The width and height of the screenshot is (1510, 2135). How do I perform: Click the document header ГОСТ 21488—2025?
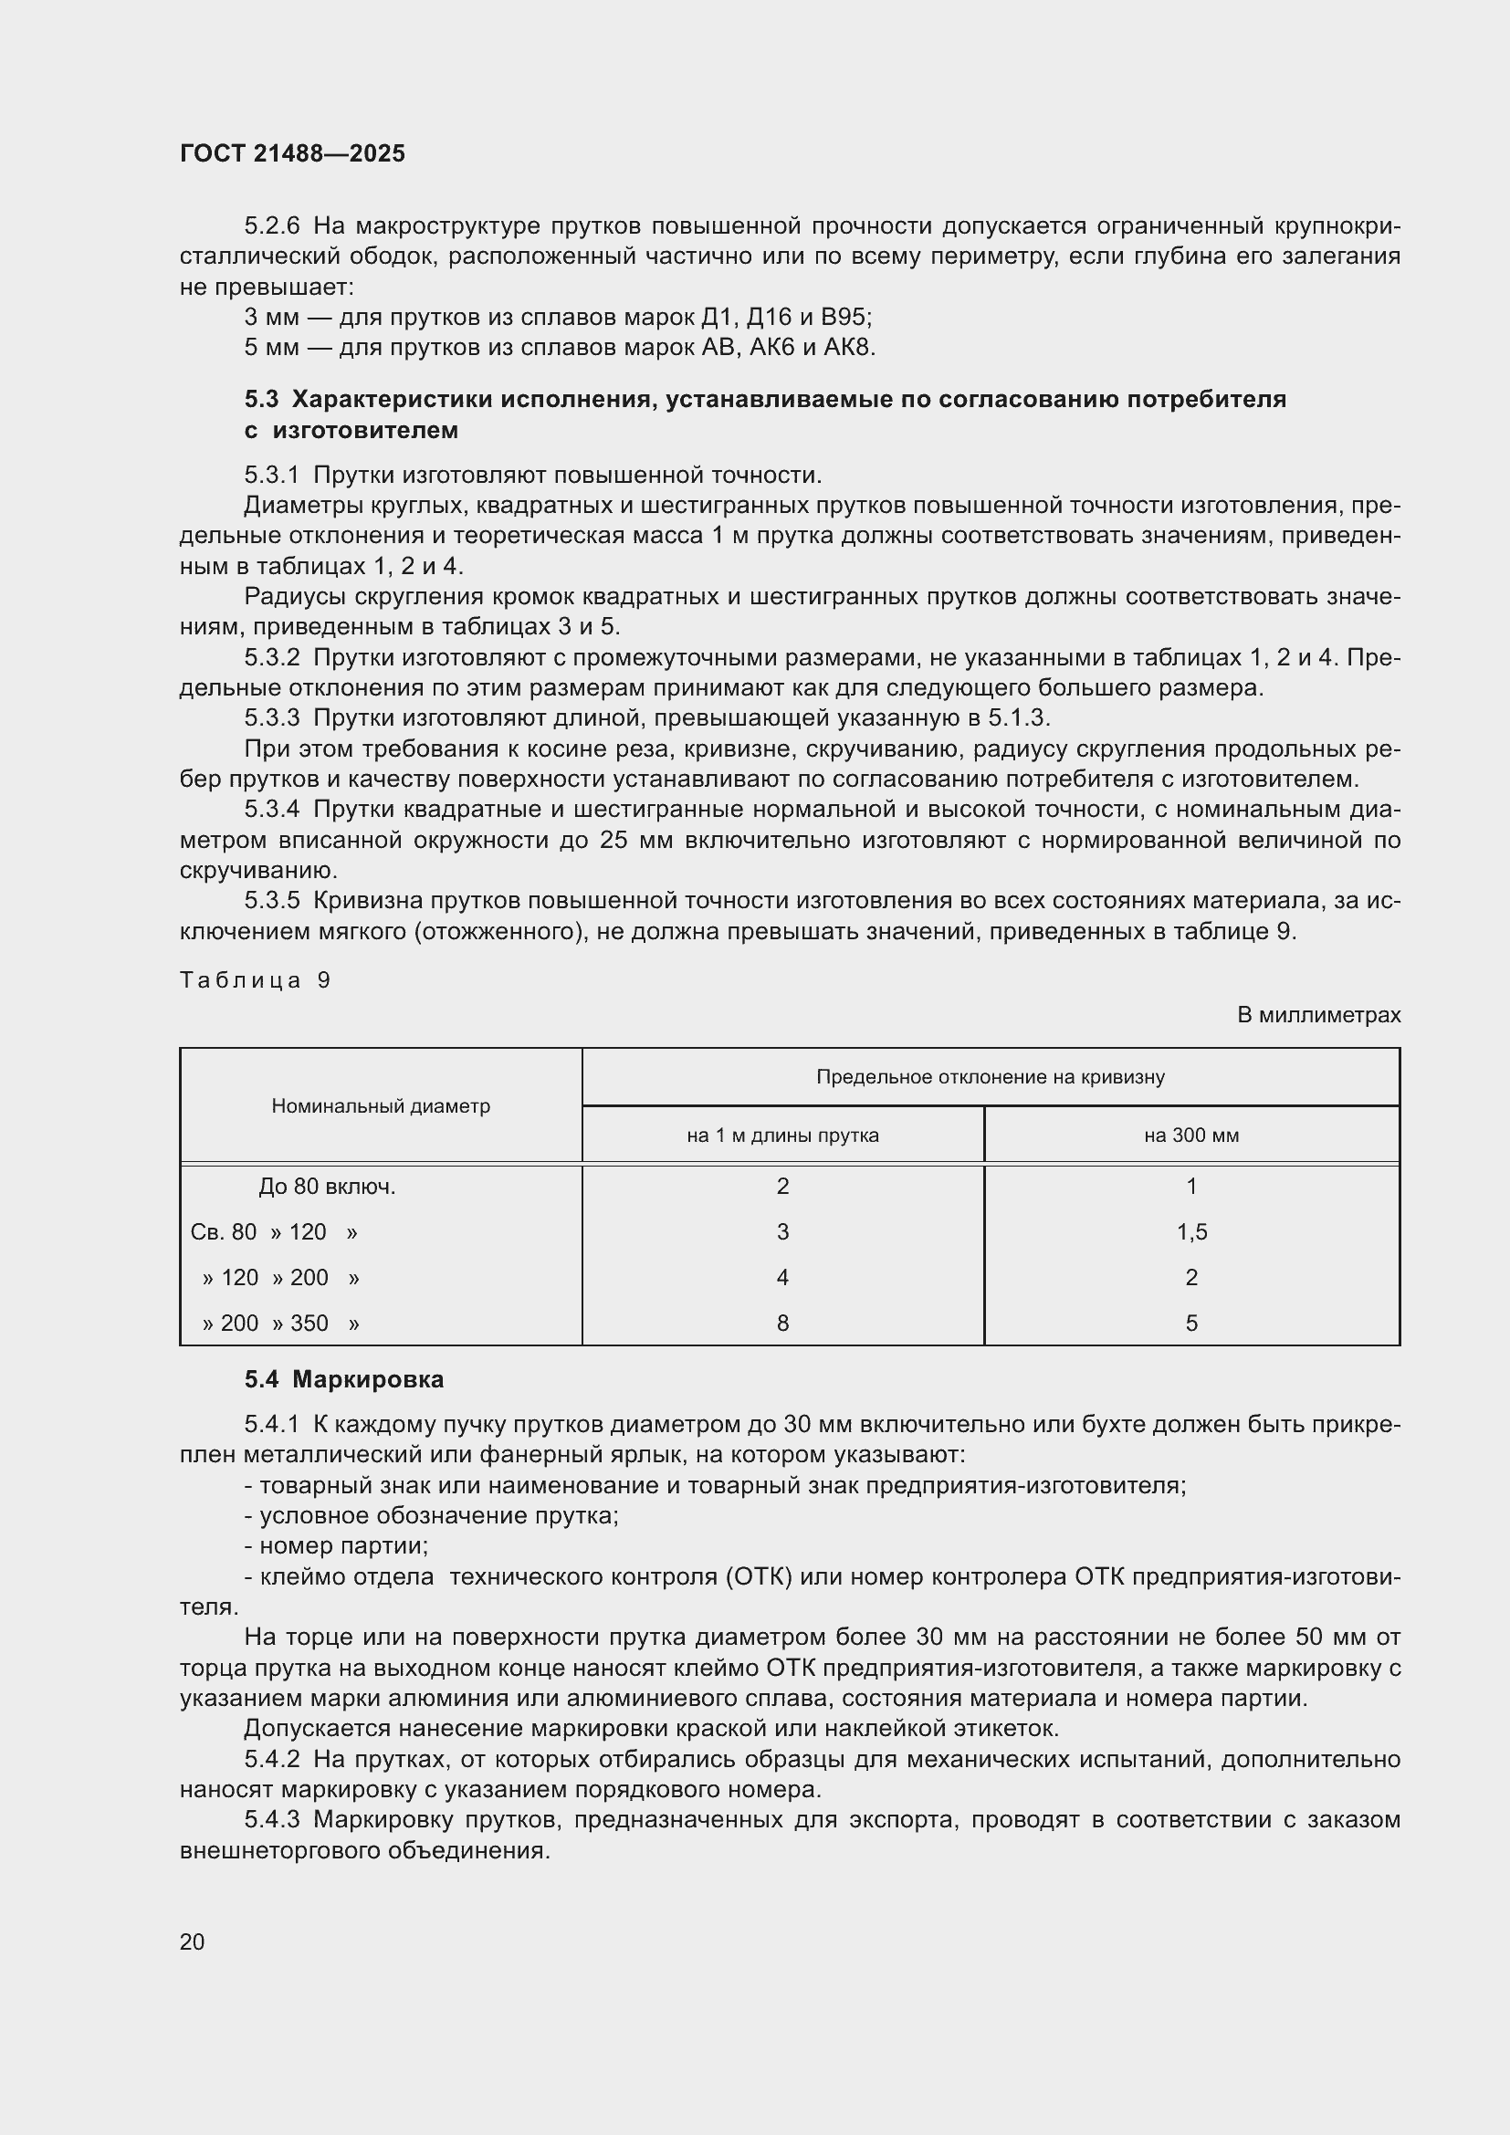click(x=292, y=153)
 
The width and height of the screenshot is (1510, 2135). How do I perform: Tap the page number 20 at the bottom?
click(x=193, y=1941)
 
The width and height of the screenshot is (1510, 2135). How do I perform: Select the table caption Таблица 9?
click(x=255, y=980)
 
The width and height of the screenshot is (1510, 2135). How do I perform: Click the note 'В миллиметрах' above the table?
click(x=1317, y=1014)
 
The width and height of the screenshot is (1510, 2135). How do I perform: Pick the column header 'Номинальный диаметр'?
click(x=381, y=1105)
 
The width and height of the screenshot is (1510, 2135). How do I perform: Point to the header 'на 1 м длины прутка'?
click(x=782, y=1135)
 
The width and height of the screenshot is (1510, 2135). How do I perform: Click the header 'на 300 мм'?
click(x=1191, y=1135)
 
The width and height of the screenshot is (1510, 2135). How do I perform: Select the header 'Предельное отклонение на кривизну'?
click(x=991, y=1077)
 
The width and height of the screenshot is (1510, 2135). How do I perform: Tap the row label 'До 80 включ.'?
click(x=328, y=1187)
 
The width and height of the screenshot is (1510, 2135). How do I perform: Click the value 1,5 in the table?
click(x=1191, y=1232)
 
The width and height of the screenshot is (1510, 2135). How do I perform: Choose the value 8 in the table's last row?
click(x=782, y=1323)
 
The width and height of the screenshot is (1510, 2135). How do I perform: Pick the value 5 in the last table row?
click(x=1191, y=1323)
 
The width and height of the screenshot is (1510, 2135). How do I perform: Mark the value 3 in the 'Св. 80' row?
click(x=782, y=1232)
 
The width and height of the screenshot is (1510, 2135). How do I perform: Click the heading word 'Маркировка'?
click(x=367, y=1379)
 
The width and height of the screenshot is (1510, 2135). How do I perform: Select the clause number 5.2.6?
click(x=271, y=226)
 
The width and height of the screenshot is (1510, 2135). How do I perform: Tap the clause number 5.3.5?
click(x=271, y=900)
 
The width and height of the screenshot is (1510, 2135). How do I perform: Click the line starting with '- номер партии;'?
click(x=336, y=1545)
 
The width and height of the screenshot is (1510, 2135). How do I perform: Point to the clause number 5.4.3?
click(x=271, y=1820)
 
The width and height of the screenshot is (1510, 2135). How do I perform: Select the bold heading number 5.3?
click(x=261, y=399)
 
